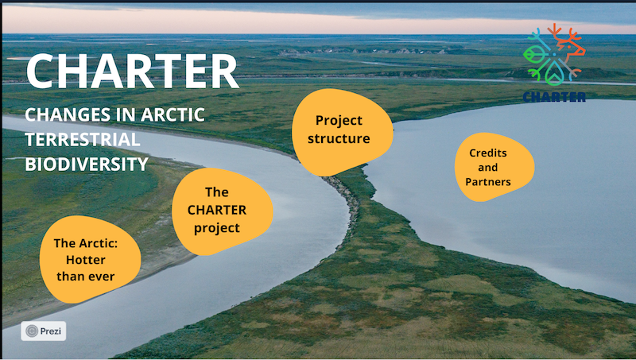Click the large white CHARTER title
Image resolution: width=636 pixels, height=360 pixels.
click(132, 72)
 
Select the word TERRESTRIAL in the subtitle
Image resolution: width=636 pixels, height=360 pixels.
click(83, 139)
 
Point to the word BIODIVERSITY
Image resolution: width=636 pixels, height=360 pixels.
click(87, 165)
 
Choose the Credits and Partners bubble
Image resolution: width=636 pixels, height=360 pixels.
click(493, 167)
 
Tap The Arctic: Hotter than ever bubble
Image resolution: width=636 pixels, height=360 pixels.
click(89, 259)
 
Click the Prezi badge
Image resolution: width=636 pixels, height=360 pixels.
click(44, 331)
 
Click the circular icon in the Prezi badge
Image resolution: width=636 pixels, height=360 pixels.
click(32, 331)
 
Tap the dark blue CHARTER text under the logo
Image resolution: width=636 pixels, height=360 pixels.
click(554, 96)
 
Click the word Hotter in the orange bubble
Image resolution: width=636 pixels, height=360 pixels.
click(86, 259)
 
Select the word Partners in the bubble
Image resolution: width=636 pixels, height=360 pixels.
click(488, 182)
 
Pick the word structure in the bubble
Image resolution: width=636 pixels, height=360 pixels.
click(339, 138)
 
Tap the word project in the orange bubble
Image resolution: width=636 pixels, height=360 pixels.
click(217, 228)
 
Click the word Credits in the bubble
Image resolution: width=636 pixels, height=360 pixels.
click(488, 153)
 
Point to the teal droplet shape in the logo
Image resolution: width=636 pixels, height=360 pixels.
click(553, 74)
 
